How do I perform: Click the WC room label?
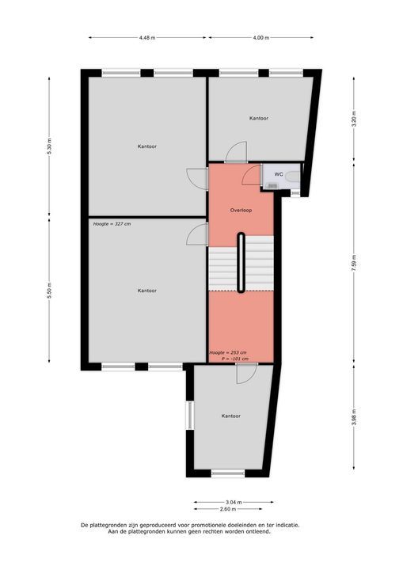278,174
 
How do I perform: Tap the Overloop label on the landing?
241,211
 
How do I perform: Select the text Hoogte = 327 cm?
112,224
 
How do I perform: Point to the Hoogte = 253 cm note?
228,351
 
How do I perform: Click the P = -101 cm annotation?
234,359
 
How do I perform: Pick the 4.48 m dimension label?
147,37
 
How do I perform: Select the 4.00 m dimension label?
260,37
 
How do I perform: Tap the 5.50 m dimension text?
49,291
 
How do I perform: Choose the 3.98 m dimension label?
355,416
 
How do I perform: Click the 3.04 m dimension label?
234,502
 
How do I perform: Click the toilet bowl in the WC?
293,176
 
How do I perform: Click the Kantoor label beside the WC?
258,118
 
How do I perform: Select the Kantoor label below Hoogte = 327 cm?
146,291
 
